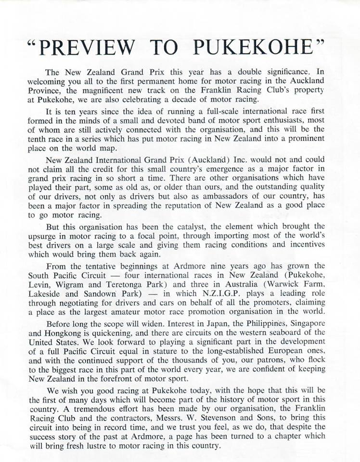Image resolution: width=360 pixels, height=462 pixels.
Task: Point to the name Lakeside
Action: pos(46,294)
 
